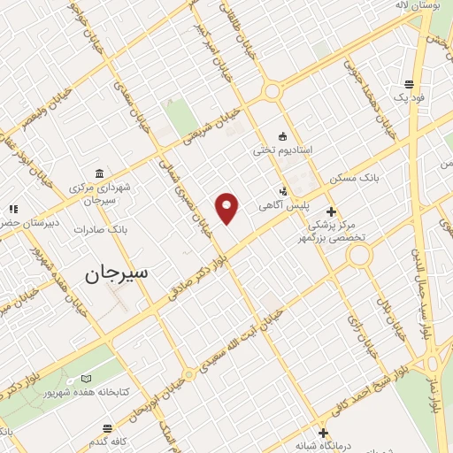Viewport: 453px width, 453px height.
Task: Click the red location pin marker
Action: pos(227,206)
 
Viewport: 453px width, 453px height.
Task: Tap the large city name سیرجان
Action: pos(118,273)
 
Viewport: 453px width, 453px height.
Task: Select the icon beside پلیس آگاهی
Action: pos(283,190)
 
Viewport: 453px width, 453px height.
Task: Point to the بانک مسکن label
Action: pos(354,179)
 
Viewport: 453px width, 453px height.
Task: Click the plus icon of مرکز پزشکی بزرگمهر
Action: pos(331,211)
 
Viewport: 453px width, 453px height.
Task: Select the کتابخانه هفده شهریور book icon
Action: pos(86,379)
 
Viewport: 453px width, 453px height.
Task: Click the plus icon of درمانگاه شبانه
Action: pos(324,433)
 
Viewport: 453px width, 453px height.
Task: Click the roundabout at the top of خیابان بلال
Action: pos(359,256)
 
